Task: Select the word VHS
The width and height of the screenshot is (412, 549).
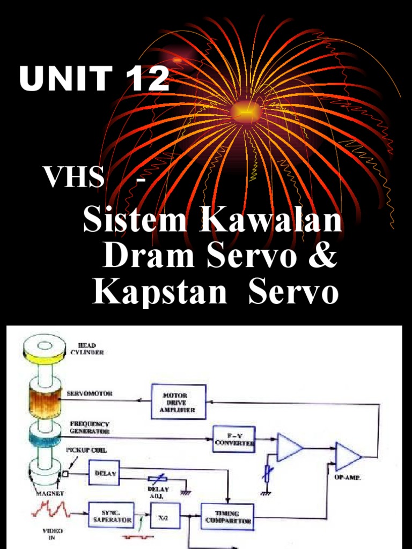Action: click(x=75, y=177)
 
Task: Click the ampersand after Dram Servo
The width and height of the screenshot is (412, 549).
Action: click(x=323, y=257)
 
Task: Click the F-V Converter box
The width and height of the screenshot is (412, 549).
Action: click(x=233, y=439)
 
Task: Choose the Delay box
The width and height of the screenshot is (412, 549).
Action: click(x=104, y=473)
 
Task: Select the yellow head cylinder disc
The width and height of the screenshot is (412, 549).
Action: click(x=43, y=348)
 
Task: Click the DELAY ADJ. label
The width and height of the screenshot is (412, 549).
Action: click(x=158, y=492)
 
